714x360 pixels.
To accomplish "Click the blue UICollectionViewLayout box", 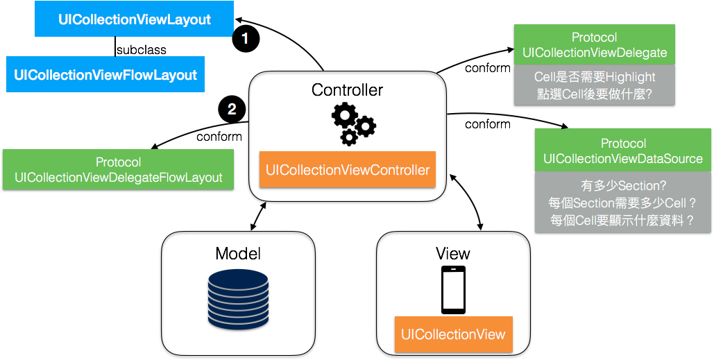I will [x=134, y=19].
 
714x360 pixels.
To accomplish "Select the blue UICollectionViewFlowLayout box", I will [x=105, y=74].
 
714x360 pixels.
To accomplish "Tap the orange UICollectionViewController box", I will [x=348, y=169].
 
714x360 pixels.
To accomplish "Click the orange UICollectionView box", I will [x=453, y=334].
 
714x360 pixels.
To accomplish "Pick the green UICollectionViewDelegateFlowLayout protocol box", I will [x=118, y=169].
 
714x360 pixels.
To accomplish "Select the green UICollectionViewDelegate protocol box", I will [x=595, y=44].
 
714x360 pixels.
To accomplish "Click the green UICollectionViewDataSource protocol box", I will [x=622, y=151].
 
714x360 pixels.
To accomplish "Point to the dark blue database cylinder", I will [x=238, y=299].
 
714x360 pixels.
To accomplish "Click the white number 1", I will [x=245, y=39].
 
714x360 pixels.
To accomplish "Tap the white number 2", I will [x=232, y=109].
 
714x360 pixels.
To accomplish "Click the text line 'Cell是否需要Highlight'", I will [x=595, y=77].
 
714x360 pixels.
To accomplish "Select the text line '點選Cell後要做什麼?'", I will [x=595, y=94].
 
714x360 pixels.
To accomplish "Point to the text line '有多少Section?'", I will [x=622, y=186].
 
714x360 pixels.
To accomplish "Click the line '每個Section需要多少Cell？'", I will [x=622, y=203].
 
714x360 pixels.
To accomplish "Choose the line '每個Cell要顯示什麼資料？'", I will [x=622, y=221].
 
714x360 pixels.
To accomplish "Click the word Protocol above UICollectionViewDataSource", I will [x=623, y=144].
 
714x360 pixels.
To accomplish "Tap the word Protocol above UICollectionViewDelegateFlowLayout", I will [x=118, y=162].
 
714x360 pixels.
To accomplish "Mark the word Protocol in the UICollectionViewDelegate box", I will [x=595, y=37].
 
